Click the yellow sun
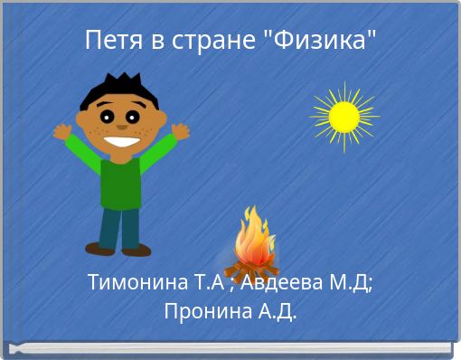click(x=343, y=116)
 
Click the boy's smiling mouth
click(x=121, y=140)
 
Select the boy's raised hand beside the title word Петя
click(x=62, y=131)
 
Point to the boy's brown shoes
click(x=118, y=248)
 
